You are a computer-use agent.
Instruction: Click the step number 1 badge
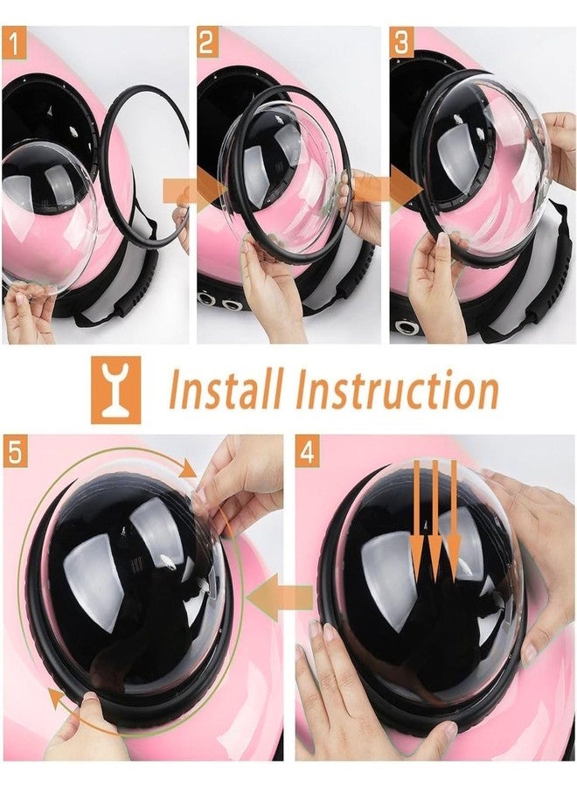coord(14,41)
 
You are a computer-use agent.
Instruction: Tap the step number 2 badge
coord(208,41)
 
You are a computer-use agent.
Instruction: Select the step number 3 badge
coord(402,41)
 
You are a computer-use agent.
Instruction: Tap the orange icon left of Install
coord(115,391)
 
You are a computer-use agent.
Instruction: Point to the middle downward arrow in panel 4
coord(434,525)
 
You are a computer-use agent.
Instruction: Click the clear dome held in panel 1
coord(52,219)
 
